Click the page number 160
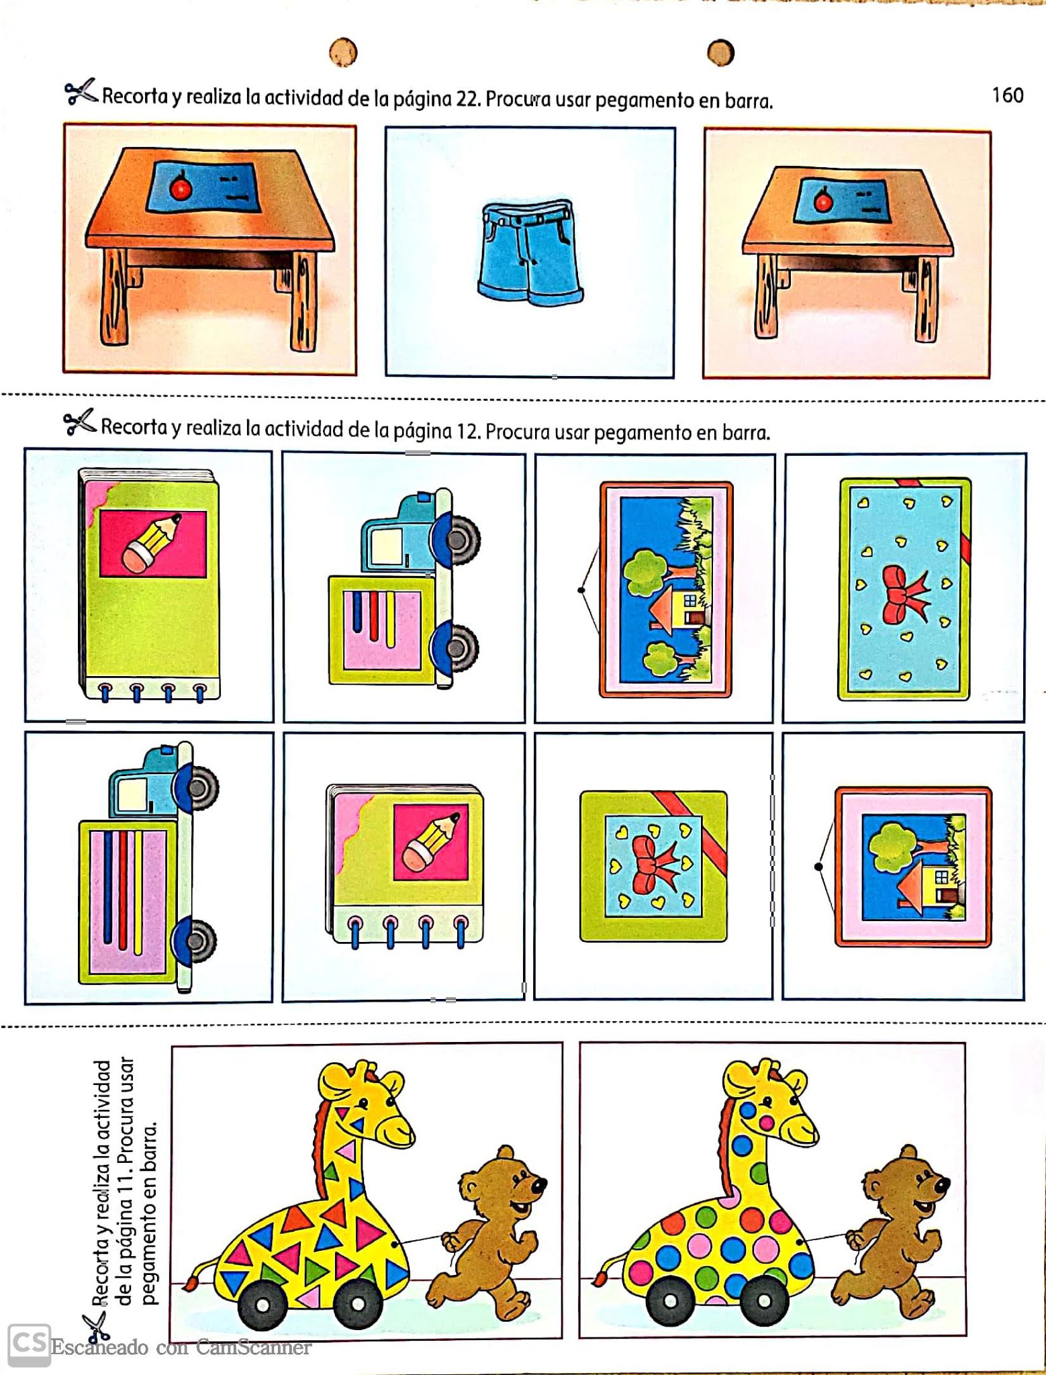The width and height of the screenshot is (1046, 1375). pos(1008,95)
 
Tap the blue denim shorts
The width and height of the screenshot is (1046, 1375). pos(530,254)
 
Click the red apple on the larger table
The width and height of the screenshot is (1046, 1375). pos(181,187)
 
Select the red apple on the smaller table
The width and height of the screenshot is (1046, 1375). pos(823,200)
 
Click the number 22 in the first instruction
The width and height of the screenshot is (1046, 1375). pos(467,99)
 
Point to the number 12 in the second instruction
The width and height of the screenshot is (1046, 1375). pos(467,430)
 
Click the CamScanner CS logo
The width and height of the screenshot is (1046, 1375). pos(29,1345)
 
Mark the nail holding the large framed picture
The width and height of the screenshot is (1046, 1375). pos(581,590)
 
